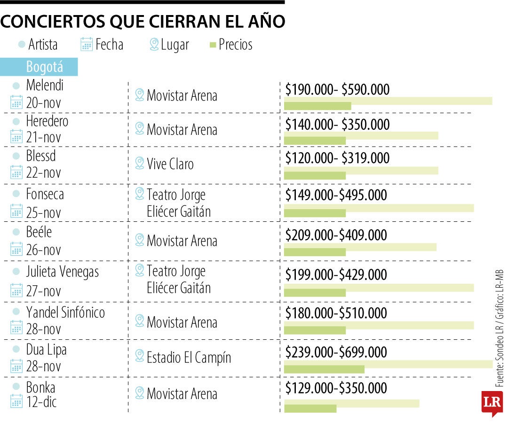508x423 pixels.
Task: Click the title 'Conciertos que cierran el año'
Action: point(143,22)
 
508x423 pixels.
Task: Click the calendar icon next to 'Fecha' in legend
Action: point(87,45)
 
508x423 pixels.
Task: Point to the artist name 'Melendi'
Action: point(45,85)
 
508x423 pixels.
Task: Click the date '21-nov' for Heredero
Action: point(44,137)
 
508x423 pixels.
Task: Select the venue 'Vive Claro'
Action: point(170,164)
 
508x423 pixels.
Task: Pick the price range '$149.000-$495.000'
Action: point(336,195)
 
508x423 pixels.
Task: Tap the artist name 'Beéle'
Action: point(39,232)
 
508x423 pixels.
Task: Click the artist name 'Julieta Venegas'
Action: point(63,272)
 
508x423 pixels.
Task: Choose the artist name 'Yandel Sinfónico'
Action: point(65,312)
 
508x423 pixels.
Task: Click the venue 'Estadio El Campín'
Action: point(189,357)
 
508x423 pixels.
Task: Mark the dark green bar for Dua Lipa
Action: point(324,369)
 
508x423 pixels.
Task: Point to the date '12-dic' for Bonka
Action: point(41,402)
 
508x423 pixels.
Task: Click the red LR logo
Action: point(492,403)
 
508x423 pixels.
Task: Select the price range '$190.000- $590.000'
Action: point(337,89)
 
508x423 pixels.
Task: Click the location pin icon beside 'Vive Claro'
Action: point(140,163)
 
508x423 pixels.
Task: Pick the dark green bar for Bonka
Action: point(310,408)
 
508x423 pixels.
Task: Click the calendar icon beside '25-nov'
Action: point(16,211)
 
